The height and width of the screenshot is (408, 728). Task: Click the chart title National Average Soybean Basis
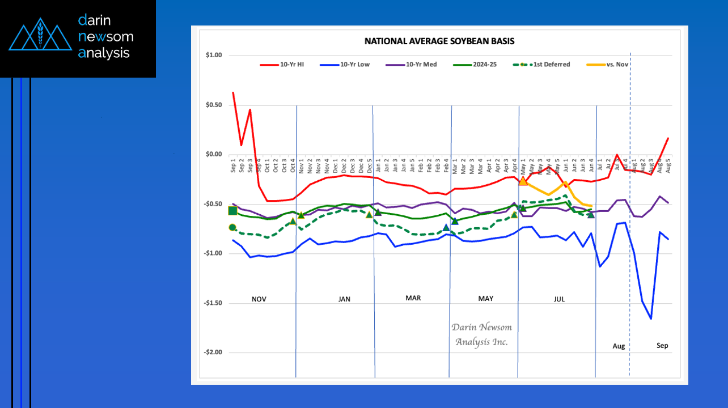(x=439, y=41)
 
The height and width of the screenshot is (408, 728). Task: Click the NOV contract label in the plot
(x=259, y=299)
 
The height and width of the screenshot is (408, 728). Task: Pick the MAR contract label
(x=413, y=298)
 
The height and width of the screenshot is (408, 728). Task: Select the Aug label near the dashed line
(x=619, y=346)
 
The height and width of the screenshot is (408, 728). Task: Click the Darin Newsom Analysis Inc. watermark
(x=481, y=334)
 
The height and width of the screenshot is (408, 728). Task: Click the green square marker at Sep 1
(x=232, y=211)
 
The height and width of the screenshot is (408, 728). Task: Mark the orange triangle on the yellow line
(x=523, y=181)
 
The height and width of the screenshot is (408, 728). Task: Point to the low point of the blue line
(x=651, y=318)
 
